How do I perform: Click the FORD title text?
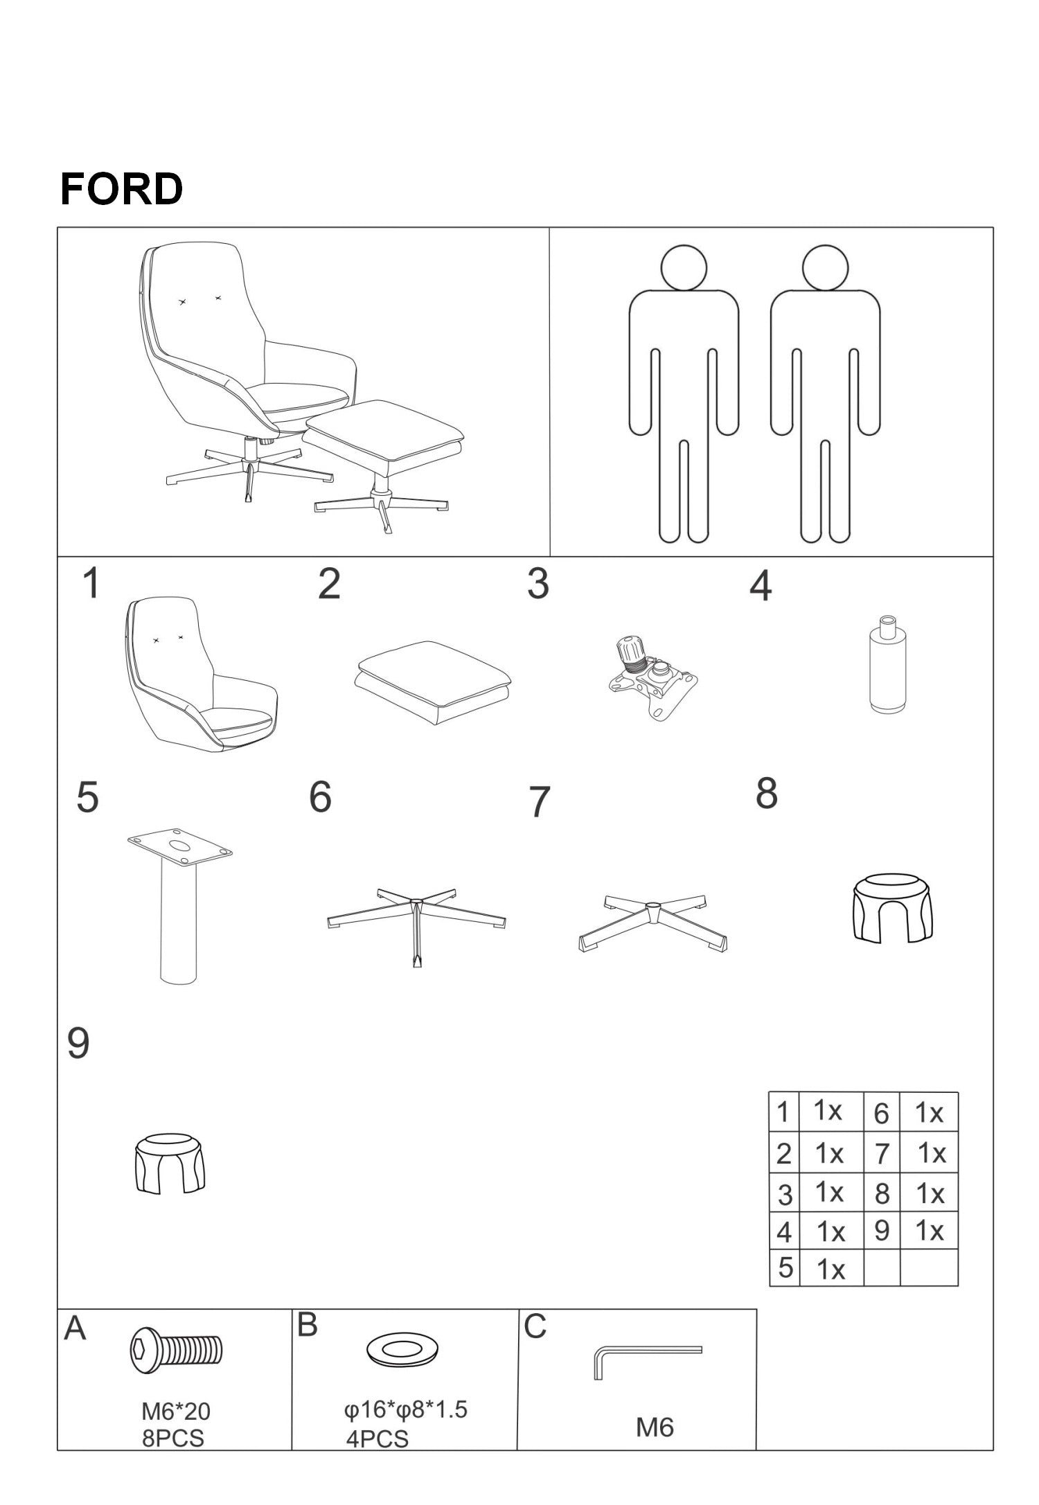click(x=121, y=189)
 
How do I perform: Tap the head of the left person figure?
click(x=684, y=267)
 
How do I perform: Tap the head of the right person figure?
click(x=826, y=267)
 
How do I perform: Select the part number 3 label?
click(x=538, y=584)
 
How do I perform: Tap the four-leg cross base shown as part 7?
click(x=652, y=922)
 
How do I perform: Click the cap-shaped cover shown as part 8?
click(x=891, y=907)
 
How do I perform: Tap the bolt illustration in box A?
click(x=177, y=1351)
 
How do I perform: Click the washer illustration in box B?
click(x=402, y=1350)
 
